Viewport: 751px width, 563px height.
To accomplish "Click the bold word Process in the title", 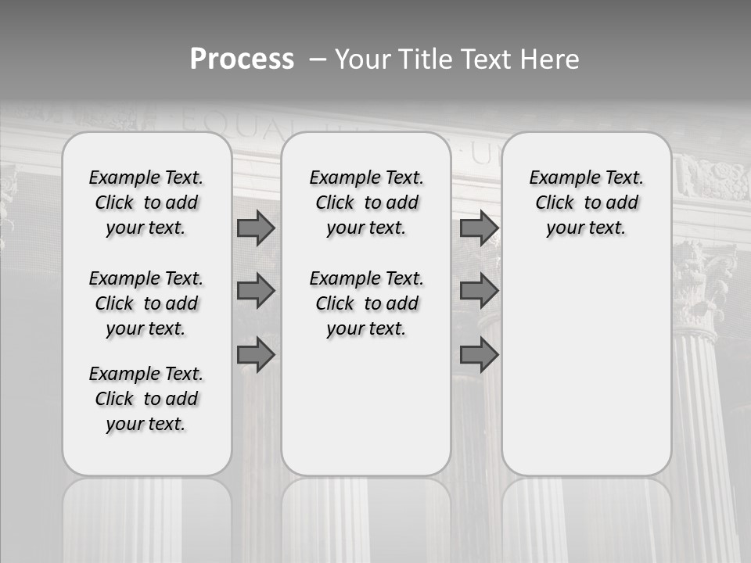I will pos(242,59).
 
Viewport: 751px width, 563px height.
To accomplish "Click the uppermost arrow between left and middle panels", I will pos(256,228).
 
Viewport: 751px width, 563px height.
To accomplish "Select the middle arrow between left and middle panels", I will pos(256,291).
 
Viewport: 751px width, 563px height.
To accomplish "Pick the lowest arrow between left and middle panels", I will pos(256,355).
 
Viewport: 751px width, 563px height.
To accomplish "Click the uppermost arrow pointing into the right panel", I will pos(479,228).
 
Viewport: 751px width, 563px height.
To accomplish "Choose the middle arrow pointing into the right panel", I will pos(479,291).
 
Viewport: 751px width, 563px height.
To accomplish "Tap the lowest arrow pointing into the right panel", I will pos(479,355).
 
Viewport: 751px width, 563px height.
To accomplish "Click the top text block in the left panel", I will pos(146,203).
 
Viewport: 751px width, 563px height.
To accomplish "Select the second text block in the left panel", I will pos(146,303).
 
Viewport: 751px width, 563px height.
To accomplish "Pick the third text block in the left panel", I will pos(146,399).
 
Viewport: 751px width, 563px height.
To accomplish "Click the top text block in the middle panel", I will pos(366,203).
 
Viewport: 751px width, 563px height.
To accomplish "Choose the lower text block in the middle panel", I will pos(366,303).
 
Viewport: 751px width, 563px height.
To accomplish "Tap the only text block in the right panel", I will pos(586,203).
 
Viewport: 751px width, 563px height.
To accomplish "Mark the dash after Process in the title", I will pos(318,59).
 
